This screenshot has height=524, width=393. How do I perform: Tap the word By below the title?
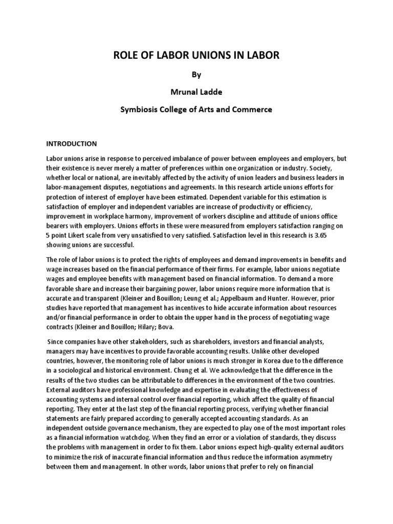pos(196,75)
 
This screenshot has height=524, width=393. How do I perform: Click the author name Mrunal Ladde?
pos(196,92)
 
